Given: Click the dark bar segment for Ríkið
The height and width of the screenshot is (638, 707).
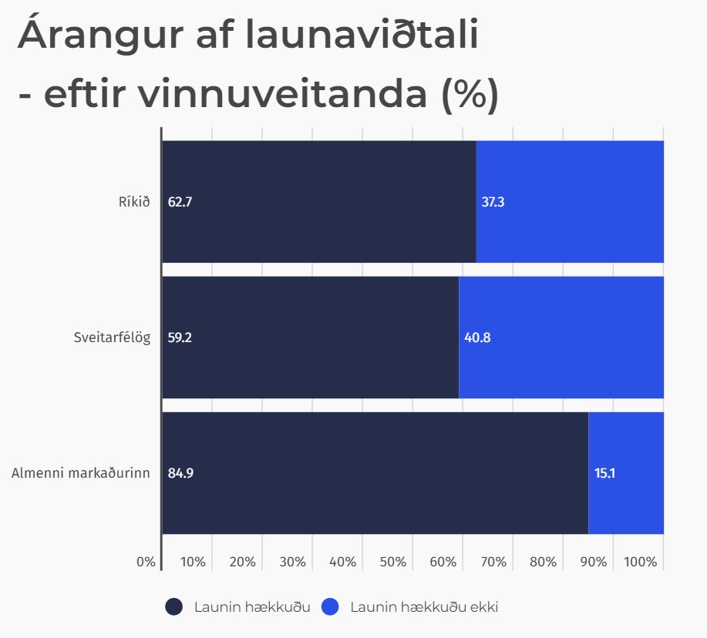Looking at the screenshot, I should coord(318,202).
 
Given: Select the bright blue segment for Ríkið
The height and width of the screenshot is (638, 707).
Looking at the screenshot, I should coord(570,202).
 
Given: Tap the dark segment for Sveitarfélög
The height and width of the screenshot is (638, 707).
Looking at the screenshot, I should coord(310,337).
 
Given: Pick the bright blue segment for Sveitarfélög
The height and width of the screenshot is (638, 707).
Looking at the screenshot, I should coord(561,337).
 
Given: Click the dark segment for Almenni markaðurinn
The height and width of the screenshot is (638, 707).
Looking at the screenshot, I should coord(375,473).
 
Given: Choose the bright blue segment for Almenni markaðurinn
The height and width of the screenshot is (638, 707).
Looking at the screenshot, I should coord(626,473).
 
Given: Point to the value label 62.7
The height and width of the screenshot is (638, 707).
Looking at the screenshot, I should coord(180,203).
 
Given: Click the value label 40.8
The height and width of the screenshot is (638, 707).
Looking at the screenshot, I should coord(477,337).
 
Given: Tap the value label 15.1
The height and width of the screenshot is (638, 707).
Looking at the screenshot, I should coord(604,473).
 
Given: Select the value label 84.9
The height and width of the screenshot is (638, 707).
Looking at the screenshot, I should coord(180,473).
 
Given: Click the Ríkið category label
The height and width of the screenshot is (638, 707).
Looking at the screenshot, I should coord(133,203).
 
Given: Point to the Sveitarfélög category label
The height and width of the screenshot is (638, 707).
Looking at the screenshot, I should coord(112,337).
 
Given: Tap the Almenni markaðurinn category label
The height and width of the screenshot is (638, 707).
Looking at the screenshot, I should coord(80,473).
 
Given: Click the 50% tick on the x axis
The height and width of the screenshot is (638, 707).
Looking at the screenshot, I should coord(393,562).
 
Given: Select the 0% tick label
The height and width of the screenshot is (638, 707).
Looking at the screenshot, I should coord(146,562).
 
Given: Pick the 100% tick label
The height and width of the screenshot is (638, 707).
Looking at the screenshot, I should coord(641,562).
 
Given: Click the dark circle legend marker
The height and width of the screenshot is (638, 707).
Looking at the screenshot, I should coord(174,607).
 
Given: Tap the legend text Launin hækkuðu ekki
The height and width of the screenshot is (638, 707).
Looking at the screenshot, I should coord(424,607).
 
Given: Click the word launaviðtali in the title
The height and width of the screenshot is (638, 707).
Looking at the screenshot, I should coord(362,37).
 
